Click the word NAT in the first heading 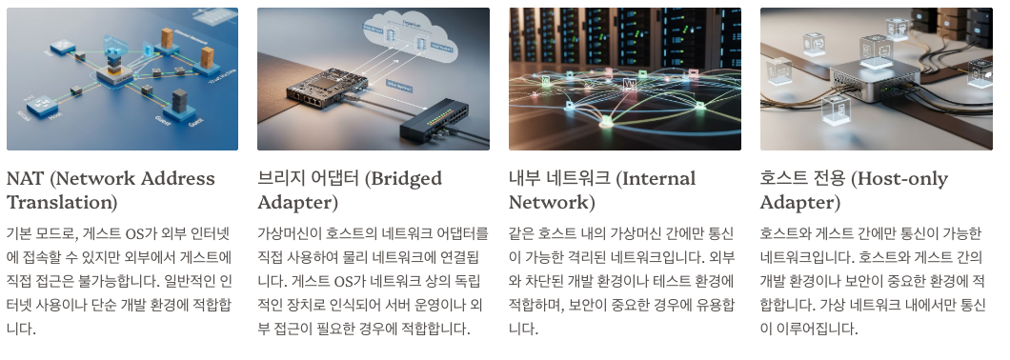point(26,179)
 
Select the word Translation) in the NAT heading point(62,203)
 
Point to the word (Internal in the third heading point(649,179)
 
